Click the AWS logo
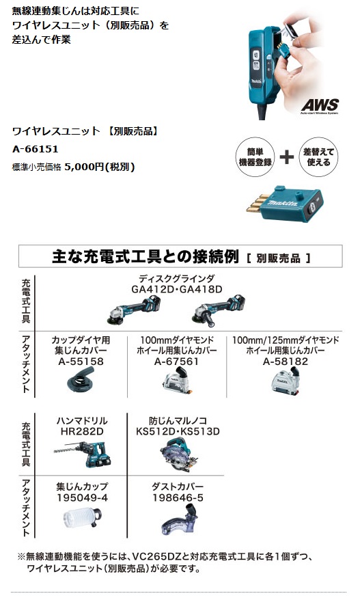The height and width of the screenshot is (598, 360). [x=320, y=105]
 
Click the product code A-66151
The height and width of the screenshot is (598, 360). [x=36, y=149]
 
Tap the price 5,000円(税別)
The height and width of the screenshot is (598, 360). [x=100, y=167]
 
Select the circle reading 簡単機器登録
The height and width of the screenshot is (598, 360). [x=255, y=157]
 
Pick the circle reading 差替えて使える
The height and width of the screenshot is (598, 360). [x=318, y=157]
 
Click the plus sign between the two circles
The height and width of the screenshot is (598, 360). [x=287, y=157]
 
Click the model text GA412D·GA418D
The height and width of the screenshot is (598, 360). [x=176, y=289]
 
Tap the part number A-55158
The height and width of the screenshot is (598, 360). [x=81, y=361]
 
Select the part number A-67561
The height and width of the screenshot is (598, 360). [x=176, y=361]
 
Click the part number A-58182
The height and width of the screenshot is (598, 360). [x=286, y=361]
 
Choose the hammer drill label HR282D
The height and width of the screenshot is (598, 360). [x=82, y=431]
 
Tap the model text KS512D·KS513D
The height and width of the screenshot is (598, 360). [x=178, y=431]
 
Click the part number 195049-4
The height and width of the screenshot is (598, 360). [x=83, y=498]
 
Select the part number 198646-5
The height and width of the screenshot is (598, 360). [x=178, y=498]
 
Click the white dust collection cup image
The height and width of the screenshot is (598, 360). [x=82, y=519]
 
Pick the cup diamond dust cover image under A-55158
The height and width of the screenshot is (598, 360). [x=81, y=379]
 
